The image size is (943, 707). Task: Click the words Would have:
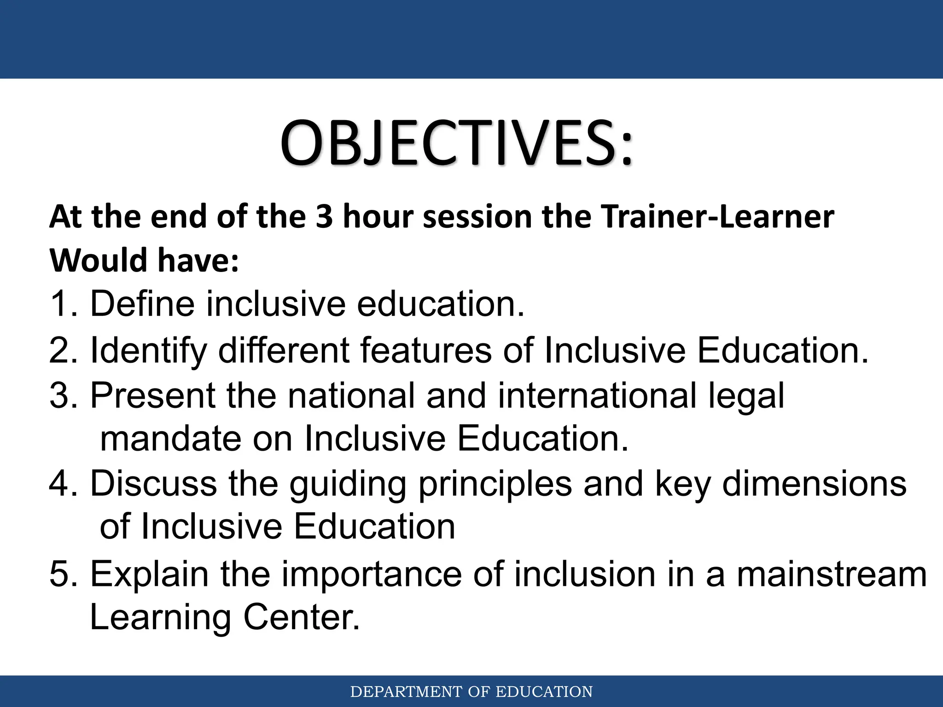tap(144, 261)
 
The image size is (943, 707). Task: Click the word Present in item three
tap(152, 395)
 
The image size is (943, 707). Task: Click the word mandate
tap(170, 439)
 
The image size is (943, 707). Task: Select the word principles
tap(495, 485)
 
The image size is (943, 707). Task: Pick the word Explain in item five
tap(149, 575)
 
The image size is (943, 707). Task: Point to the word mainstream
tap(831, 575)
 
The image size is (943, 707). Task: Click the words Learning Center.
tap(224, 617)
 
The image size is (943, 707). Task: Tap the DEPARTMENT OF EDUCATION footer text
tap(471, 692)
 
